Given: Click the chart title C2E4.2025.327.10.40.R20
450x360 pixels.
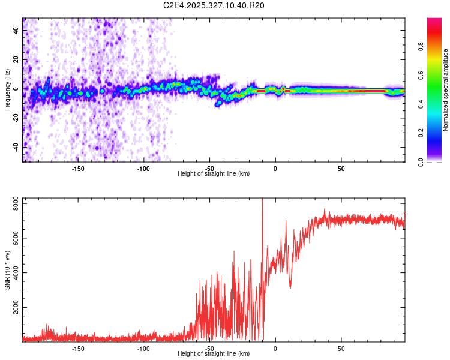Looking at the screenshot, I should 214,5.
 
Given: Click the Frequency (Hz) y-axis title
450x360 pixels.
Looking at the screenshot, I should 7,90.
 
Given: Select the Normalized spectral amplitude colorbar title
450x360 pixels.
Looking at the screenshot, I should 445,90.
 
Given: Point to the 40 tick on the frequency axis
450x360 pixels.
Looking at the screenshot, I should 17,31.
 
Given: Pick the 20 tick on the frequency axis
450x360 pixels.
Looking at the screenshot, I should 17,60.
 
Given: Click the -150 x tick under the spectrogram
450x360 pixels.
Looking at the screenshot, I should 78,169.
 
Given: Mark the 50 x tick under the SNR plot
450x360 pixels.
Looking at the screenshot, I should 341,349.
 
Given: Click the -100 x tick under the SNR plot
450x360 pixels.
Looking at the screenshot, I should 143,349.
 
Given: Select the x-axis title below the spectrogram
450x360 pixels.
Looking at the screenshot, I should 214,174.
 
